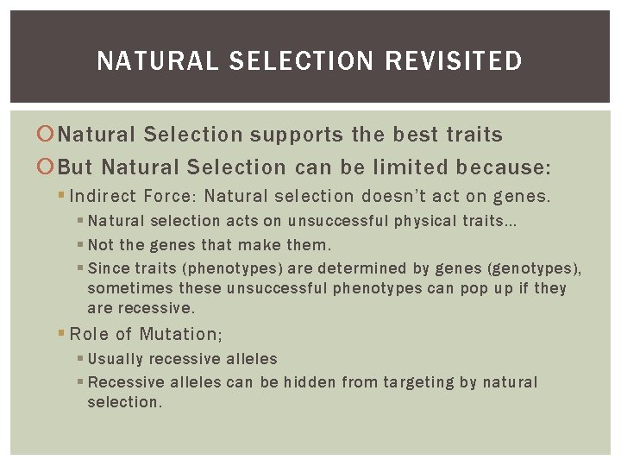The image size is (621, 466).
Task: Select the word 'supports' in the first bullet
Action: click(298, 135)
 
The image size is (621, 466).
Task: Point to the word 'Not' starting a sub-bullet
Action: click(100, 245)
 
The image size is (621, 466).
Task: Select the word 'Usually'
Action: click(115, 359)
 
